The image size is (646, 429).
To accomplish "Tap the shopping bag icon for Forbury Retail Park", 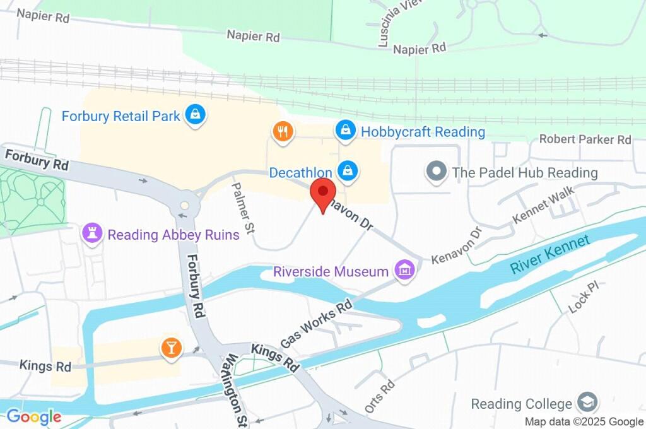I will tap(196, 115).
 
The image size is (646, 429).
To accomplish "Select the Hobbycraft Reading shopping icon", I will tap(344, 131).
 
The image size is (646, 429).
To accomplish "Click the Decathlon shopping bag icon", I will tap(346, 170).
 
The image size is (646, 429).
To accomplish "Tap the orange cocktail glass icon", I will tap(170, 348).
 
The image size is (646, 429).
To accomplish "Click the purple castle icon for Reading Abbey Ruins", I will tap(93, 234).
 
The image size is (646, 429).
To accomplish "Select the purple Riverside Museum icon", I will tap(404, 271).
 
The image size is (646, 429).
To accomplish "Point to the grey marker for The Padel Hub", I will tap(436, 172).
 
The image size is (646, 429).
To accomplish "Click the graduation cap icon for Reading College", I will tap(587, 402).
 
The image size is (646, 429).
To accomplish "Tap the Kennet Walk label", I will tap(535, 204).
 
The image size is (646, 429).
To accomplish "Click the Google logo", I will tap(33, 416).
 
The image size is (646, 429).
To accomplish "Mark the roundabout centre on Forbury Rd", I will tap(184, 205).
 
